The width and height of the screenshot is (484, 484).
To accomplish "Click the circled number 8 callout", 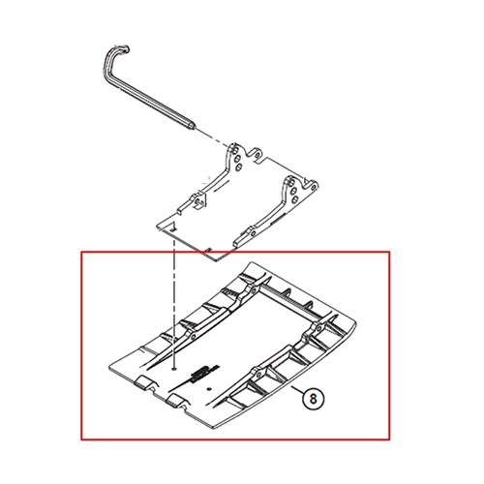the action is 314,399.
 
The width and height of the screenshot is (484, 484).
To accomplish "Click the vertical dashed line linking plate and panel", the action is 174,300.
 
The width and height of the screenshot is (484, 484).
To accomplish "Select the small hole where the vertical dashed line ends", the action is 174,369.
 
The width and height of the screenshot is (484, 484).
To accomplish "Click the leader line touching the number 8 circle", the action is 297,389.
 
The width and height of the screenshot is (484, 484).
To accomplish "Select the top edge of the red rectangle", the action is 235,252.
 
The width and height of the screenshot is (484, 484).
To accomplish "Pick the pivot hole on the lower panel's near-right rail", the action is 258,375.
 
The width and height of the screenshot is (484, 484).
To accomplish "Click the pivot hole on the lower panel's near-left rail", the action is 193,337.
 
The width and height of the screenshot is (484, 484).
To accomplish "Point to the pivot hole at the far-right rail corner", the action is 318,328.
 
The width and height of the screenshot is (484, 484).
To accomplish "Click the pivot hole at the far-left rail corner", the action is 254,289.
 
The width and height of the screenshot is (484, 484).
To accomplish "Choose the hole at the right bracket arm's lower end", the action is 254,233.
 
